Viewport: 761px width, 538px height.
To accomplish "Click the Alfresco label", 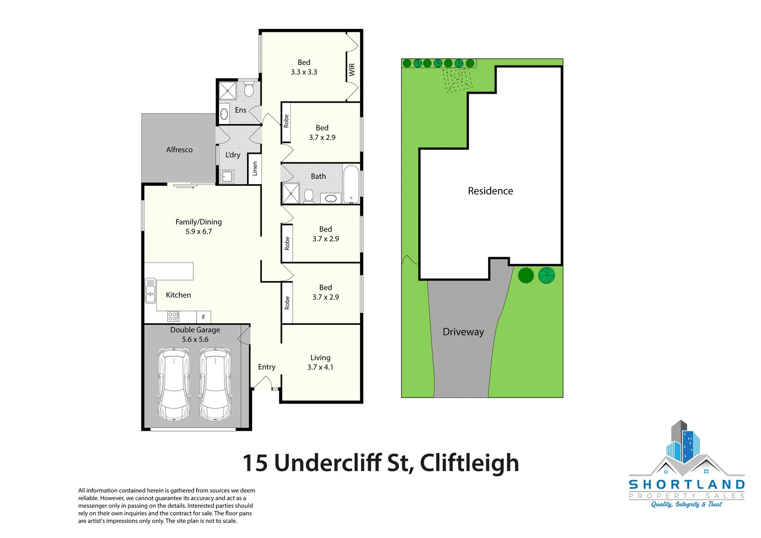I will click(x=179, y=149).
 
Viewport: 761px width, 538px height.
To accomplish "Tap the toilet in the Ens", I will click(x=249, y=90).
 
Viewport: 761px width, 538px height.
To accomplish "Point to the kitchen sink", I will click(x=150, y=290).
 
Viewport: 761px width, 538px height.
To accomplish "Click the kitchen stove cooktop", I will click(x=173, y=316).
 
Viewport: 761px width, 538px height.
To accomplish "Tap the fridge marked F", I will click(x=204, y=317).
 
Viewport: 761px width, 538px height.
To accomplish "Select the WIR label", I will click(x=352, y=69).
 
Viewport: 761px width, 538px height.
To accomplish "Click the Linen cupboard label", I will click(x=255, y=168).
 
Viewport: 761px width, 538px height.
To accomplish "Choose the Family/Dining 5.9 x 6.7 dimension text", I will click(x=199, y=232).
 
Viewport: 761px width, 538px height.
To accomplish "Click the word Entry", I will click(x=266, y=367).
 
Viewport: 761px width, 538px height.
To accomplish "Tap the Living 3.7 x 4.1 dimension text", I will click(x=320, y=367).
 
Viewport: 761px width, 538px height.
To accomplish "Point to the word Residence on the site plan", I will click(x=490, y=191).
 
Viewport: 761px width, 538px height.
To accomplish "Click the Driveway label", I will click(x=463, y=332).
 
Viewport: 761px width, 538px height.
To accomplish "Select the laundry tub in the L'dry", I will click(x=227, y=176).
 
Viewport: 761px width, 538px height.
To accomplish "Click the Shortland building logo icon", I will click(x=685, y=448).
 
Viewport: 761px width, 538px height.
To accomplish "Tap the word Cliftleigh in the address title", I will click(x=469, y=463).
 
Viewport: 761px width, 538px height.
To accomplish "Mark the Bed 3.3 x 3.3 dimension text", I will click(x=304, y=72).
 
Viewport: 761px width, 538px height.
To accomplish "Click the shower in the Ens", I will click(x=228, y=91).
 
